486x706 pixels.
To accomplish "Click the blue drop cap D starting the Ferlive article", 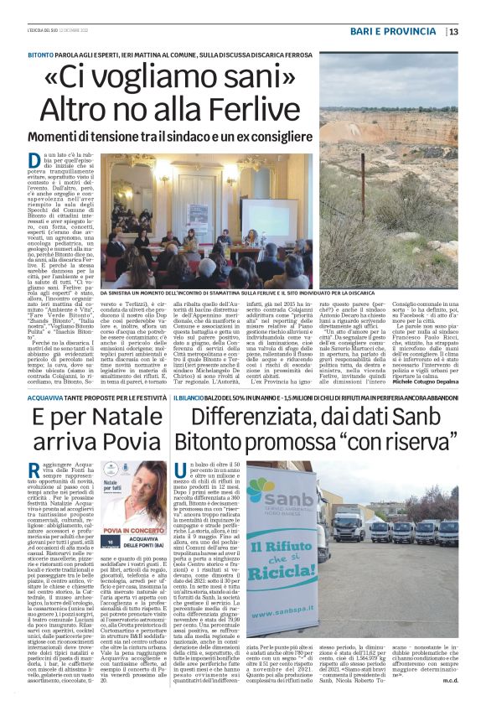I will pyautogui.click(x=36, y=159).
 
